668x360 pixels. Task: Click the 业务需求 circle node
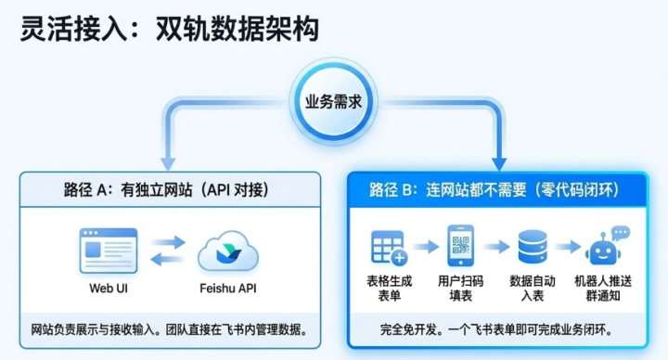[334, 102]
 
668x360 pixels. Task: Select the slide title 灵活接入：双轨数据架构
[170, 29]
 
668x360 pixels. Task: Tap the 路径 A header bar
[170, 189]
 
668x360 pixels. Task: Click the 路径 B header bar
[497, 190]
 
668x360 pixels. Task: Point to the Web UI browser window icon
[109, 251]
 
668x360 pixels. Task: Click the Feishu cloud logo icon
[228, 251]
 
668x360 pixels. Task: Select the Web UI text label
[109, 289]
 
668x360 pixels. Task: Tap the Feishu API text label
[228, 289]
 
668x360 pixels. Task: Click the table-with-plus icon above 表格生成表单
[390, 248]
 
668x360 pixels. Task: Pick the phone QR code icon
[460, 246]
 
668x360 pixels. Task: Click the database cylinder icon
[533, 247]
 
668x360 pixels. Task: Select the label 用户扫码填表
[460, 289]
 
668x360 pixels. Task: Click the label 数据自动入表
[533, 289]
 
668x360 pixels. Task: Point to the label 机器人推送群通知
[603, 289]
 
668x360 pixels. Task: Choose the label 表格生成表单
[390, 289]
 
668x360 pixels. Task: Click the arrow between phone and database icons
[496, 246]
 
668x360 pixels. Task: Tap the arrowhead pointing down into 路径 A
[168, 164]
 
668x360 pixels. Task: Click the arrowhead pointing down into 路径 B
[499, 164]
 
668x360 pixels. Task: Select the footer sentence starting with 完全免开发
[496, 329]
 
